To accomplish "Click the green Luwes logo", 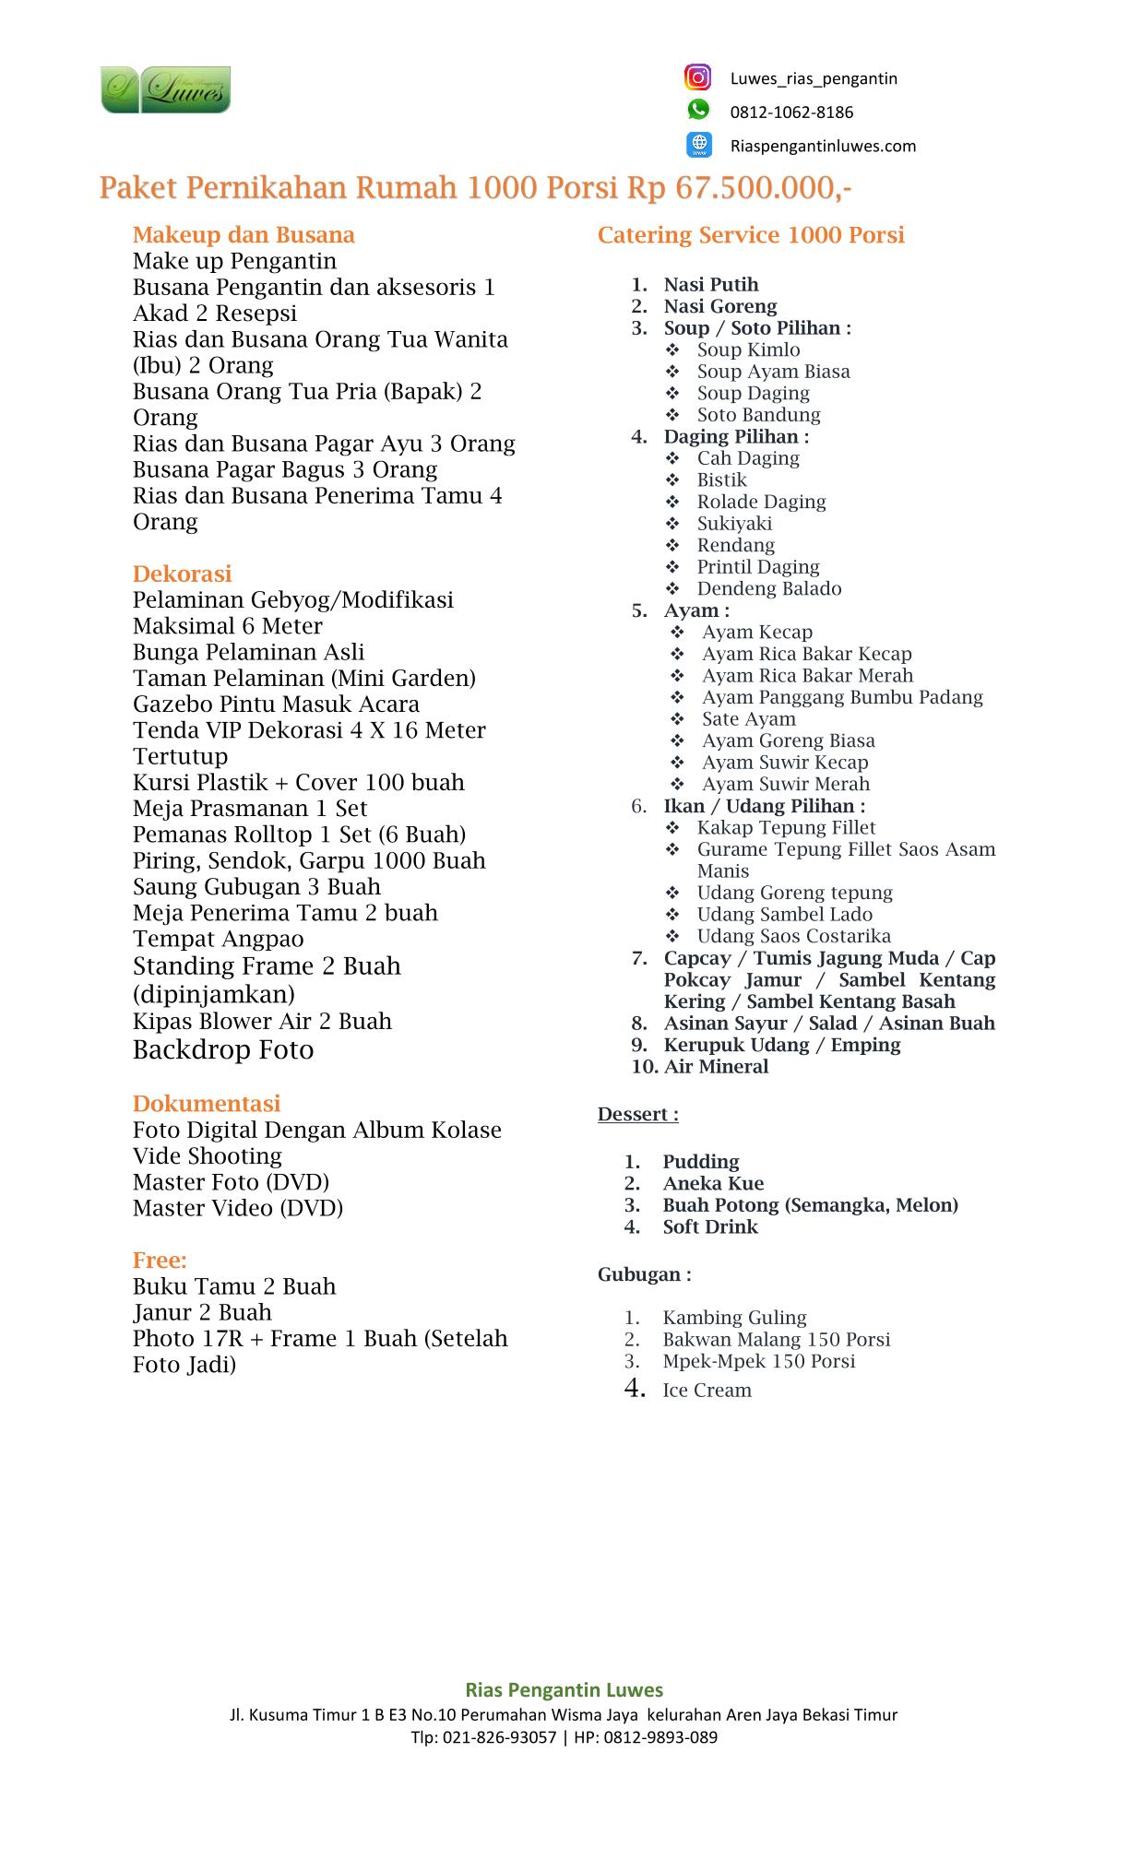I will pyautogui.click(x=166, y=90).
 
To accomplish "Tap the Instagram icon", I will pyautogui.click(x=698, y=77).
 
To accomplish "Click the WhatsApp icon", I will pyautogui.click(x=698, y=110).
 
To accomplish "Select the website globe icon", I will pyautogui.click(x=699, y=144).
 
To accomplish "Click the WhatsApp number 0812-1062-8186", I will pyautogui.click(x=791, y=112).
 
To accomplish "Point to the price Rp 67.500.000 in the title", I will pyautogui.click(x=739, y=188).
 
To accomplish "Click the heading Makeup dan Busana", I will pyautogui.click(x=244, y=235).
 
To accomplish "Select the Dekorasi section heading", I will pyautogui.click(x=182, y=574).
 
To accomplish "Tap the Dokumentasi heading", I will pyautogui.click(x=206, y=1104).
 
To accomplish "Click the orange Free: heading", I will pyautogui.click(x=160, y=1260).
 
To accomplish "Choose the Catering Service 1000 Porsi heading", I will pyautogui.click(x=751, y=235).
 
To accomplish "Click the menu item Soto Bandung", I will pyautogui.click(x=758, y=415).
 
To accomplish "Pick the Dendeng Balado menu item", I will pyautogui.click(x=768, y=588).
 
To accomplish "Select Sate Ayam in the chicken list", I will pyautogui.click(x=748, y=719).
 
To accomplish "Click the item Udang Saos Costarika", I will pyautogui.click(x=793, y=936).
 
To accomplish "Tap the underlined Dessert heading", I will pyautogui.click(x=637, y=1114).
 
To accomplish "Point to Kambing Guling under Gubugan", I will pyautogui.click(x=734, y=1318).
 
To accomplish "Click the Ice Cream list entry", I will pyautogui.click(x=707, y=1391).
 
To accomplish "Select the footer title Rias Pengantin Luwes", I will pyautogui.click(x=564, y=1690).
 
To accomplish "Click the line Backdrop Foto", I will pyautogui.click(x=223, y=1050).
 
